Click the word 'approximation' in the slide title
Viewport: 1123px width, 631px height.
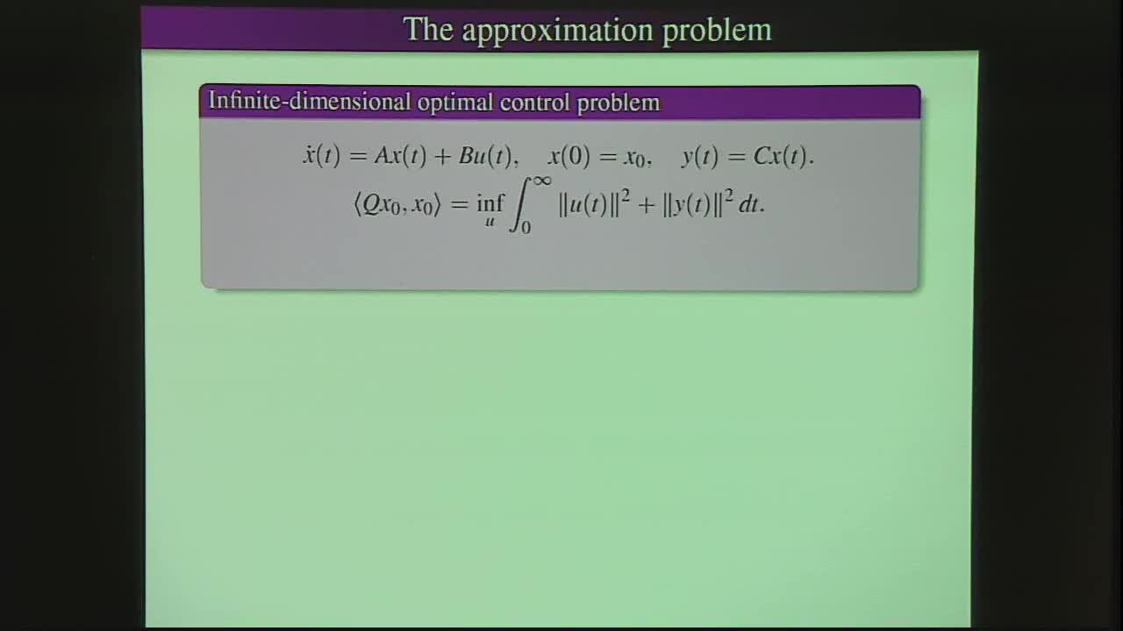(558, 30)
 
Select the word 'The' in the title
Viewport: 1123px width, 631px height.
(427, 30)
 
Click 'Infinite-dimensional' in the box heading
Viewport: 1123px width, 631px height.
(309, 102)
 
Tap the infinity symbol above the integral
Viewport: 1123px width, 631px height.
(540, 181)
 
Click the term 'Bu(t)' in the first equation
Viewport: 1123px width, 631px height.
(484, 157)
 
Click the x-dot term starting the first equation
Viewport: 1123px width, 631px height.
(321, 157)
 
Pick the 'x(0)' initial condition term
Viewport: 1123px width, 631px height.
(569, 157)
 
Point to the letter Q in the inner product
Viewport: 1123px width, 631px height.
(373, 206)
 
